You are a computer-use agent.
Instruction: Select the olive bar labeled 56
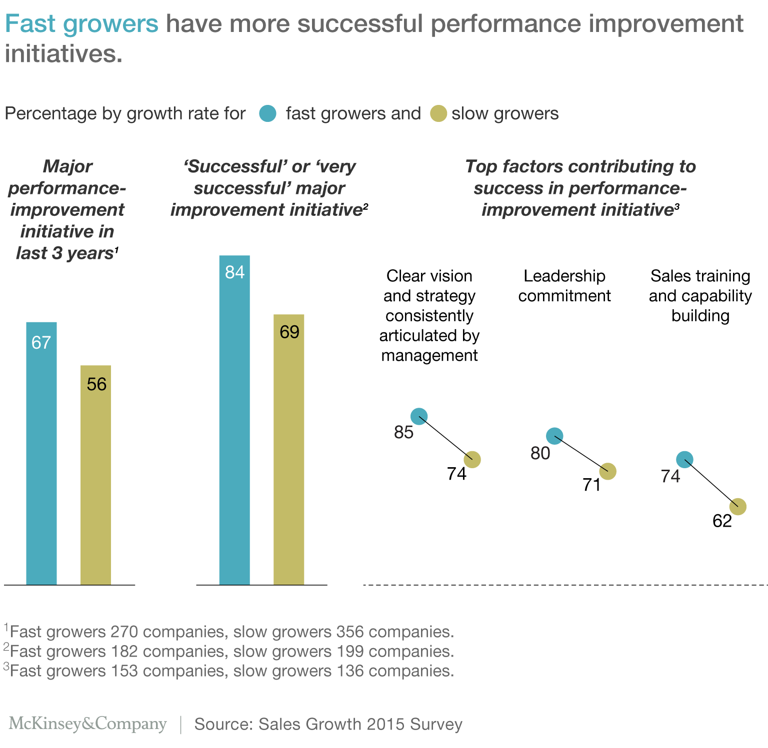[95, 475]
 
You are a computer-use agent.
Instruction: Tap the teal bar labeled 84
[234, 420]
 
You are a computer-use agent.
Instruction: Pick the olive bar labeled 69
[288, 449]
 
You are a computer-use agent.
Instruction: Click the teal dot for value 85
[419, 416]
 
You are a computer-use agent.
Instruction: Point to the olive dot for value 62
[737, 507]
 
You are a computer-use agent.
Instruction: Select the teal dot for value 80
[554, 436]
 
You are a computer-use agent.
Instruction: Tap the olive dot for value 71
[607, 471]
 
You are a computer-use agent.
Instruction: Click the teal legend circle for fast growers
[267, 114]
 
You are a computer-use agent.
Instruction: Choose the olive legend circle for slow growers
[438, 114]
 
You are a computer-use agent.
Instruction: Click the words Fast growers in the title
[81, 24]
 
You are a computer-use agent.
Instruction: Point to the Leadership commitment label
[564, 286]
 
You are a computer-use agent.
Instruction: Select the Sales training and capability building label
[700, 296]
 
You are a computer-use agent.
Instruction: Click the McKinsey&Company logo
[88, 724]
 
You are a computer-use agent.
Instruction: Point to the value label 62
[722, 521]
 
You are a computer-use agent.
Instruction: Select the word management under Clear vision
[429, 355]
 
